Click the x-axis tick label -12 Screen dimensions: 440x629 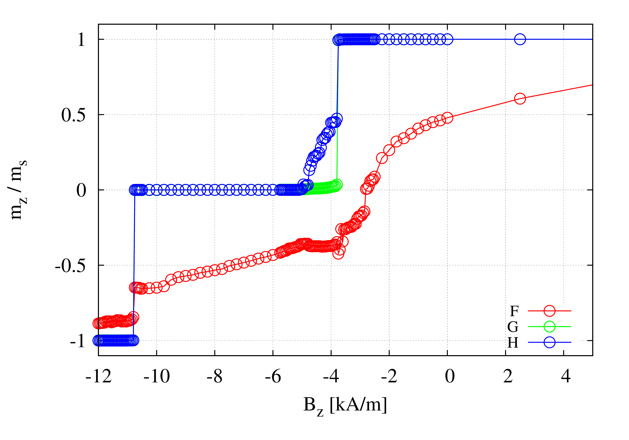point(98,377)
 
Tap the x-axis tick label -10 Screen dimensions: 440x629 point(156,377)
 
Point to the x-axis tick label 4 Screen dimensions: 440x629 point(565,377)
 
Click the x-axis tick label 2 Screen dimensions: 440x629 point(508,377)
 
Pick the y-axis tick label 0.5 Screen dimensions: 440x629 point(73,115)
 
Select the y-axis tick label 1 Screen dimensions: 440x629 point(81,40)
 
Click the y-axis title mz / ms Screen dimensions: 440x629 point(17,189)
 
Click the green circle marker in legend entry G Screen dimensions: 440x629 point(549,326)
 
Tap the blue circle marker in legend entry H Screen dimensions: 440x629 point(549,342)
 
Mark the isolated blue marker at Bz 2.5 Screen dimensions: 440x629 point(520,39)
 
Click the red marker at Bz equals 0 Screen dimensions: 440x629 point(447,118)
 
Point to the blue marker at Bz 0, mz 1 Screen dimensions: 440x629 point(447,39)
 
